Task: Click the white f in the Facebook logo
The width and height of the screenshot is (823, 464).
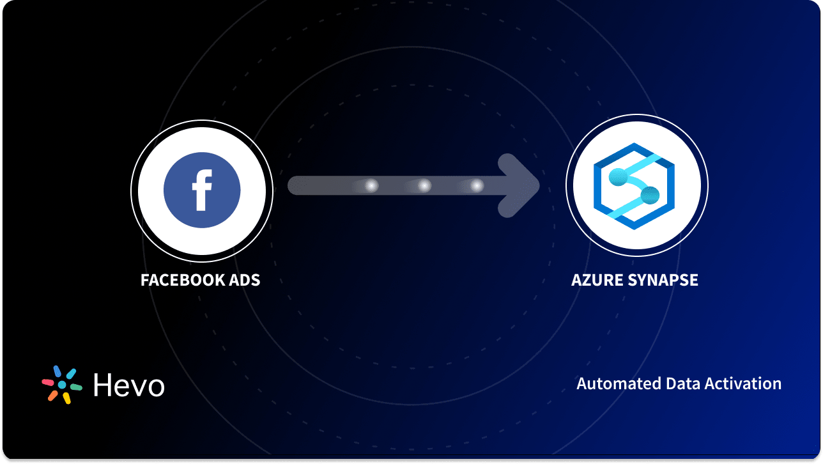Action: pos(202,190)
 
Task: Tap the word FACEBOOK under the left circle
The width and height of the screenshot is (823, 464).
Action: pos(176,280)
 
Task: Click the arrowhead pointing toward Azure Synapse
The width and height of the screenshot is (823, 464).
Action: pos(521,186)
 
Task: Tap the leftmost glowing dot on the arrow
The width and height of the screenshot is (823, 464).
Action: pos(371,186)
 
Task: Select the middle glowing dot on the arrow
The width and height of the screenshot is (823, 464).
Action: pos(424,186)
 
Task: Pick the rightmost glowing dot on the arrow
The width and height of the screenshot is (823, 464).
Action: pos(476,186)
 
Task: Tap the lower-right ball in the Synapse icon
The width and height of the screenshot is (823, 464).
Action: pos(650,195)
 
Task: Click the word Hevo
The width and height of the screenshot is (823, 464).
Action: pos(128,385)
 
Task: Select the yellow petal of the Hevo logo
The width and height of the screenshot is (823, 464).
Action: pos(66,398)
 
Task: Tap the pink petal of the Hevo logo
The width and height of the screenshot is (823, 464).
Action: pos(47,382)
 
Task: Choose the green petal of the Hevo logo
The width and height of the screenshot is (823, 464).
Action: pos(75,387)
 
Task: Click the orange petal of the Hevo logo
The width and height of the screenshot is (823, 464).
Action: pos(52,396)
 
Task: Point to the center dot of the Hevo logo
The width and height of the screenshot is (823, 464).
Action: pos(62,385)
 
